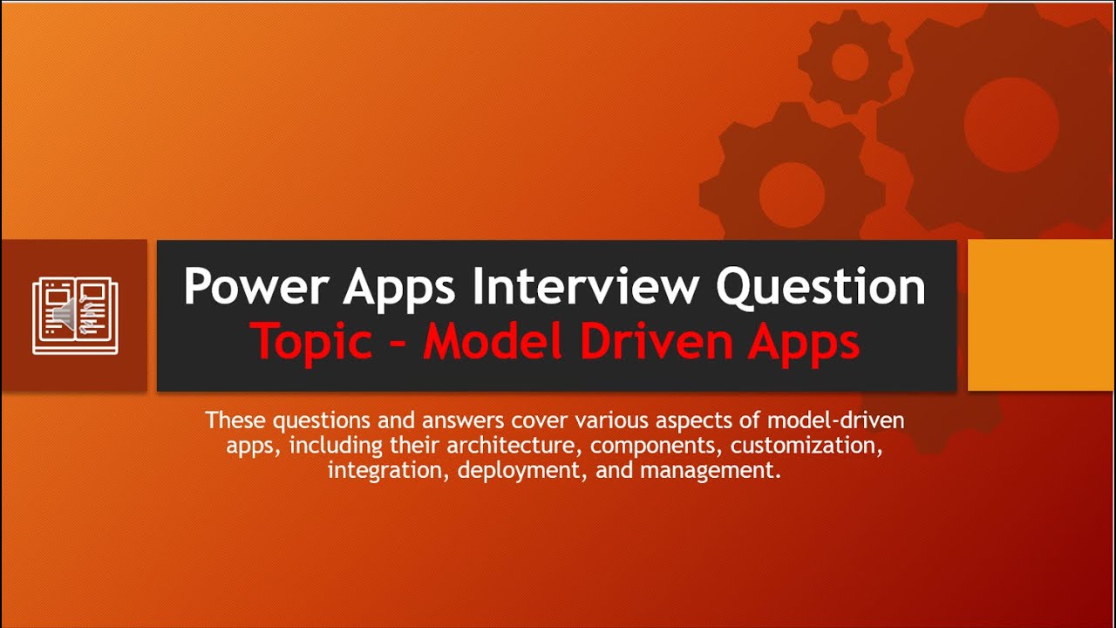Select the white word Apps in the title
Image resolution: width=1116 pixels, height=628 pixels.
coord(399,287)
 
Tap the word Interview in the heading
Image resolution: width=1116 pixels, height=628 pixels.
coord(593,287)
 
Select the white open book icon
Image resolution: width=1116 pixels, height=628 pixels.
coord(75,316)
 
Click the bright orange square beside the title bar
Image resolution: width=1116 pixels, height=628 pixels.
coord(1041,315)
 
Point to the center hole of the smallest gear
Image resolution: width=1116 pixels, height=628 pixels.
coord(849,62)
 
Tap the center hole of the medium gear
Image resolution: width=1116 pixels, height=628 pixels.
coord(792,194)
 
